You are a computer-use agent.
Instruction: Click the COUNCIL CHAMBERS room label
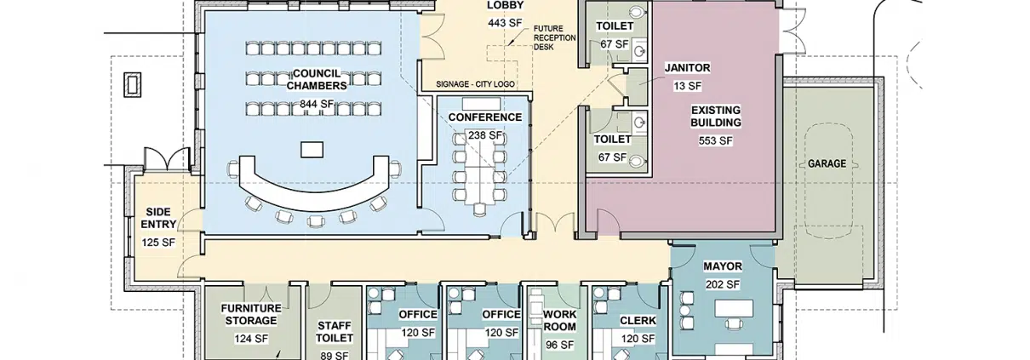pyautogui.click(x=317, y=79)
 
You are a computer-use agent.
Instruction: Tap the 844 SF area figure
pyautogui.click(x=317, y=105)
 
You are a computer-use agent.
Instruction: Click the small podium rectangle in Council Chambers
pyautogui.click(x=312, y=150)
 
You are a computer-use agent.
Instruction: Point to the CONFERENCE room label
pyautogui.click(x=485, y=117)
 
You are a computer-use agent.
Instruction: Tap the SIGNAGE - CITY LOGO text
pyautogui.click(x=475, y=84)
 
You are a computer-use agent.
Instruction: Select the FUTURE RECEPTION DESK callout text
pyautogui.click(x=554, y=37)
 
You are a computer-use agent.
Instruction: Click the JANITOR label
pyautogui.click(x=688, y=68)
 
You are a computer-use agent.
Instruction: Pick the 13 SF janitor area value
pyautogui.click(x=688, y=86)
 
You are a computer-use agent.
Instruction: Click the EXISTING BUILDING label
pyautogui.click(x=716, y=117)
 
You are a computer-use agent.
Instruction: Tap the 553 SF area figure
pyautogui.click(x=716, y=140)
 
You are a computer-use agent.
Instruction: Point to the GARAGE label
pyautogui.click(x=827, y=163)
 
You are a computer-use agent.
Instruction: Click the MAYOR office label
pyautogui.click(x=723, y=266)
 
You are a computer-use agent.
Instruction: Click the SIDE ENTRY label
pyautogui.click(x=158, y=219)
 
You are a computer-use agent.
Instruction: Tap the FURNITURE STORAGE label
pyautogui.click(x=251, y=315)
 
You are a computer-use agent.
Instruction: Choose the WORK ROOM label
pyautogui.click(x=559, y=321)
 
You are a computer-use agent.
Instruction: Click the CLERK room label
pyautogui.click(x=638, y=321)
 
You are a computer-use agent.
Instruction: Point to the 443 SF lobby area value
pyautogui.click(x=506, y=22)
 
